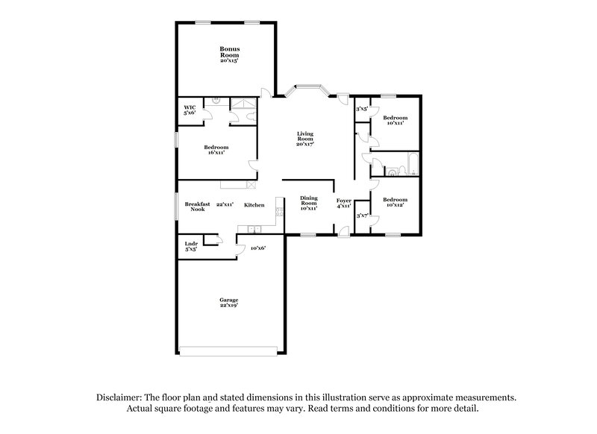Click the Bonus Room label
click(229, 54)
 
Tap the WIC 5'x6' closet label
click(190, 110)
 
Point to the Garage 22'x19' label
click(228, 302)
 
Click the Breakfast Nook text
click(197, 207)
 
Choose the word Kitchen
click(254, 204)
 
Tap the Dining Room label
click(309, 203)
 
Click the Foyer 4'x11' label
click(344, 203)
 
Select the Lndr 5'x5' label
click(190, 245)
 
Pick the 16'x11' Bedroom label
click(216, 149)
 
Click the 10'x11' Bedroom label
click(396, 120)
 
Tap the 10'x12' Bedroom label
click(396, 202)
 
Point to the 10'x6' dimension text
click(258, 247)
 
